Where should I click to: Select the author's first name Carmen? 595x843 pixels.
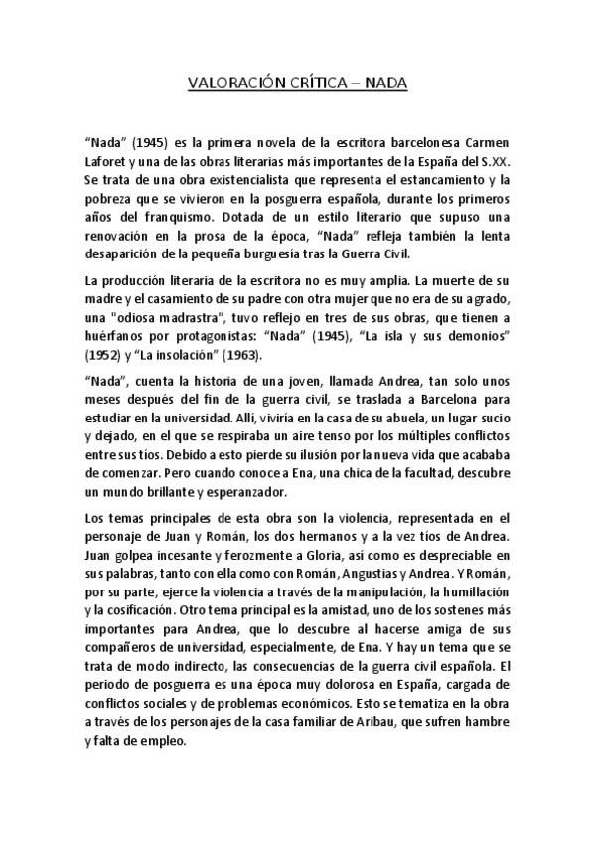tap(489, 142)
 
